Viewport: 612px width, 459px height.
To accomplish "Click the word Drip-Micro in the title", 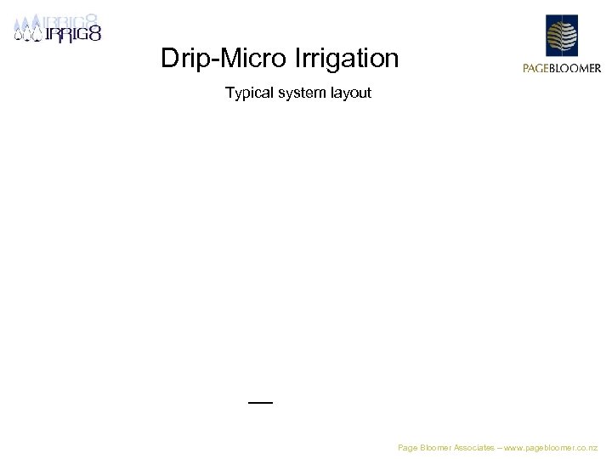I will (224, 59).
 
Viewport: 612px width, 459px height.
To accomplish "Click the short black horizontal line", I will (260, 401).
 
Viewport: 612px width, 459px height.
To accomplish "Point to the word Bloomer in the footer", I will (439, 447).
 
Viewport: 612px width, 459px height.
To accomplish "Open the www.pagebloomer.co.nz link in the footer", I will (552, 447).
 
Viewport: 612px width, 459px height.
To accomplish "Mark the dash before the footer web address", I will (501, 447).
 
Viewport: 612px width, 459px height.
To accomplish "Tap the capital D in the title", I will (169, 59).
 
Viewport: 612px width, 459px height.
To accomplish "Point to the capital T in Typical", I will (229, 93).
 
